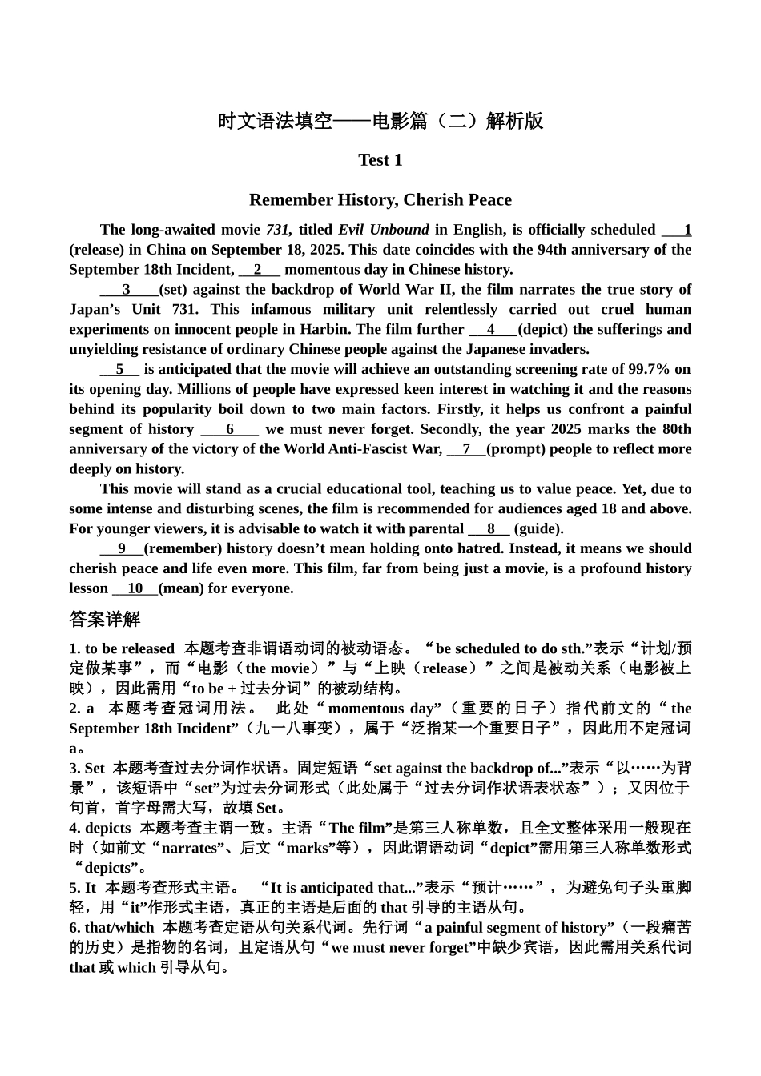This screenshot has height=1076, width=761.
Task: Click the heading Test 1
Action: click(x=380, y=160)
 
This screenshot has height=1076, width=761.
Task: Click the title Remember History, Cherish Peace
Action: click(x=380, y=200)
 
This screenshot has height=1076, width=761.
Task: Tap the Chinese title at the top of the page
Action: click(x=380, y=121)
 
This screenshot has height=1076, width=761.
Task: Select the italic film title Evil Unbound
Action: click(x=383, y=230)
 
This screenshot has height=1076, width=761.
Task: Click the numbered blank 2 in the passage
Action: click(x=259, y=270)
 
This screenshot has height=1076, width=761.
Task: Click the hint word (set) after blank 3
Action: click(x=174, y=290)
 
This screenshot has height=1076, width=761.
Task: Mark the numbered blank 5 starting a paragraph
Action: click(x=119, y=370)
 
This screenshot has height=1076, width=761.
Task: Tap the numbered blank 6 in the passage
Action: click(x=230, y=429)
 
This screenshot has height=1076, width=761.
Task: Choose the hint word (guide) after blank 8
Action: click(x=538, y=529)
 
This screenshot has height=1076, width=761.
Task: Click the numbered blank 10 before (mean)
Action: click(x=135, y=589)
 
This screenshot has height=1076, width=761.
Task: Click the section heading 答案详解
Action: click(x=104, y=620)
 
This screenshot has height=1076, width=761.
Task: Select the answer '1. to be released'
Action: click(x=122, y=649)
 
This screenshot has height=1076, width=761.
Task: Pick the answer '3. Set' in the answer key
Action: click(x=87, y=769)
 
